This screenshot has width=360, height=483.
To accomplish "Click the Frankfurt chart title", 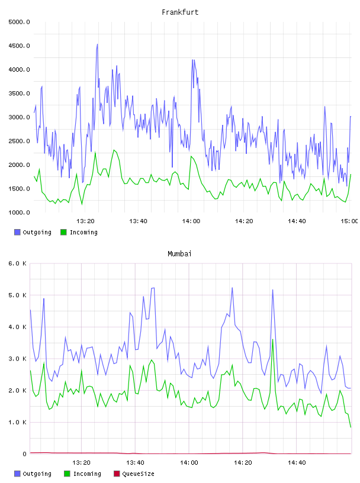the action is click(180, 12).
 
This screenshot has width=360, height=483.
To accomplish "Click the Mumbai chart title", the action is click(179, 254).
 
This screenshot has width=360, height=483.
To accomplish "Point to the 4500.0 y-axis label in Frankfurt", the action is click(19, 46).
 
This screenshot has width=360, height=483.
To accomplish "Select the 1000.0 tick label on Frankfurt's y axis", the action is click(19, 212).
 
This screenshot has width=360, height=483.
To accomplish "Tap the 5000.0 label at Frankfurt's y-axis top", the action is click(19, 22).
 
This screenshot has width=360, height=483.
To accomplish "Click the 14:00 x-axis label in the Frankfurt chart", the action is click(191, 221).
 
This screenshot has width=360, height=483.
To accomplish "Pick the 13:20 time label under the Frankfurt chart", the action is click(85, 221).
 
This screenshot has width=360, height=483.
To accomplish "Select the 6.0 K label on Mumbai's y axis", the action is click(17, 263).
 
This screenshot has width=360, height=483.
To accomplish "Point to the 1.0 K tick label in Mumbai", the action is click(17, 422).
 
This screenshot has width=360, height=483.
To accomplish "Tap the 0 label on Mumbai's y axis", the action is click(24, 454).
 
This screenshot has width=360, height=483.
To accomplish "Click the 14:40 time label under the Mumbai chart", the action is click(297, 463).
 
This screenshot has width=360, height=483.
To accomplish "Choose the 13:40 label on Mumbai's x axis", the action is click(135, 463).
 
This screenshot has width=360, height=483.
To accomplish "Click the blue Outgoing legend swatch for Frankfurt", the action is click(17, 232).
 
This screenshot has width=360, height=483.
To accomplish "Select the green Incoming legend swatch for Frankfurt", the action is click(63, 232).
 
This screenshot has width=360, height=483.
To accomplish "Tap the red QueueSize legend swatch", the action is click(117, 474).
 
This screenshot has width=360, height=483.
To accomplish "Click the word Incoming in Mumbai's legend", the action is click(87, 474).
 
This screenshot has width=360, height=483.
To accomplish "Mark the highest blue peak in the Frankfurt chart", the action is click(97, 44).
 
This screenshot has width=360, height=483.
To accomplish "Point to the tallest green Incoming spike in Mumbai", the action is click(273, 339).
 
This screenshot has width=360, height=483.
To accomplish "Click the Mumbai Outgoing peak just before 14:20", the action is click(232, 288).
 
